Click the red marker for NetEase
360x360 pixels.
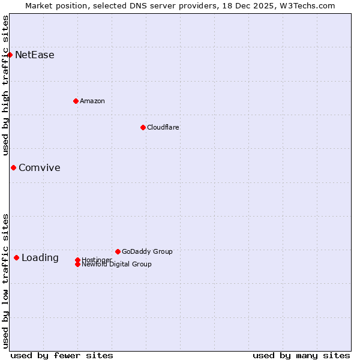pos(10,55)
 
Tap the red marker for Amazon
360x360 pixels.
pos(76,101)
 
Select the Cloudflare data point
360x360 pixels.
pos(143,127)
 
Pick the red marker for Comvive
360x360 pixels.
pos(13,167)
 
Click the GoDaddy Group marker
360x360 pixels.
pos(118,251)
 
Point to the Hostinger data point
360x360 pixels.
pos(77,260)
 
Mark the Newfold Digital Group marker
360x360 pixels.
pos(77,264)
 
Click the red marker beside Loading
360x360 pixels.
pos(16,257)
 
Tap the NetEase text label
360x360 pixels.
pos(35,55)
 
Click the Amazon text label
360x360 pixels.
pos(92,101)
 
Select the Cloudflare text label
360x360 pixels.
pos(163,127)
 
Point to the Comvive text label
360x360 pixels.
pos(40,168)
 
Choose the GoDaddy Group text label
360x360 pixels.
pos(147,251)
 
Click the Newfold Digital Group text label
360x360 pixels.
pos(116,265)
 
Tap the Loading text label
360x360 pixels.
pos(40,258)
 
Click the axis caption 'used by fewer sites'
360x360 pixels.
pos(62,355)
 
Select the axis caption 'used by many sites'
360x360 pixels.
pos(301,355)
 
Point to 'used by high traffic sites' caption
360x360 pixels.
pos(5,85)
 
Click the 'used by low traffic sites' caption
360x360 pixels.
pos(5,281)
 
